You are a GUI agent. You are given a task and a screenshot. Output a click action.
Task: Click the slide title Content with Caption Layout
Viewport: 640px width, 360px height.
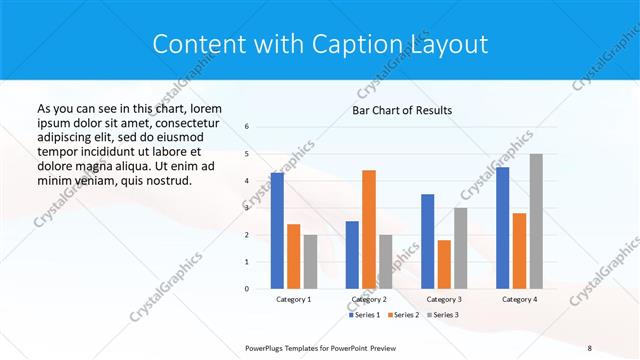click(320, 44)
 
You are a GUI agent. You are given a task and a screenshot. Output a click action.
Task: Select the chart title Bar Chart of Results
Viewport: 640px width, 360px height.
click(402, 109)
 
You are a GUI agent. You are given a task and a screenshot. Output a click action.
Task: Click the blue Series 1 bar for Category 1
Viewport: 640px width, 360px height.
click(277, 230)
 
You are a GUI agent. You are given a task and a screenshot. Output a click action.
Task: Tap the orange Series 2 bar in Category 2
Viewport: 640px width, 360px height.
click(369, 229)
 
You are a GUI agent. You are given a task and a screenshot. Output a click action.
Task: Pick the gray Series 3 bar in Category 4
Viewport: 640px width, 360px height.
click(536, 221)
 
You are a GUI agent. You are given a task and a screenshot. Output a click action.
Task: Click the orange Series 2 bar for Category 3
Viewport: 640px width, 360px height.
click(444, 264)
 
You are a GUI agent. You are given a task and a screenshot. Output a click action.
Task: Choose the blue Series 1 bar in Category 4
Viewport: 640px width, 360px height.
click(502, 227)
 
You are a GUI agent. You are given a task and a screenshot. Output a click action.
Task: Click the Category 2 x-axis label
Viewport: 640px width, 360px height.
click(369, 299)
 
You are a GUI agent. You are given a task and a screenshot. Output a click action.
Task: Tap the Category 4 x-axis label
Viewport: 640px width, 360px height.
click(519, 299)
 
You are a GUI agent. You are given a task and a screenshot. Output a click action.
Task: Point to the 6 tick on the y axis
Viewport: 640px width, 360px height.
click(248, 127)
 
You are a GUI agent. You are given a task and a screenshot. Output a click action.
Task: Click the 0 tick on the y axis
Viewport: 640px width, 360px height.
click(248, 288)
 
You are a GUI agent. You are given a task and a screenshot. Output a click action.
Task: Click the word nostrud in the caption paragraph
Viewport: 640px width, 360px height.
click(166, 180)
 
